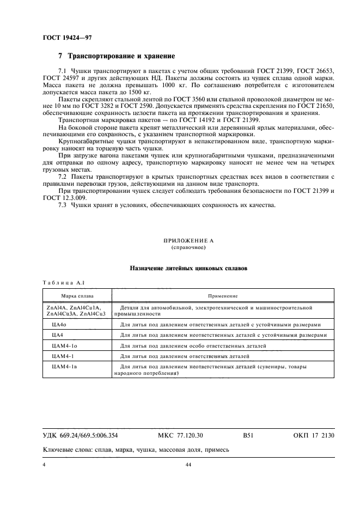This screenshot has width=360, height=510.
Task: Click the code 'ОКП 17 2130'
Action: coord(314,436)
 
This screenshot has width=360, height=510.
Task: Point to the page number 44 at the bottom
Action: coord(188,465)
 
